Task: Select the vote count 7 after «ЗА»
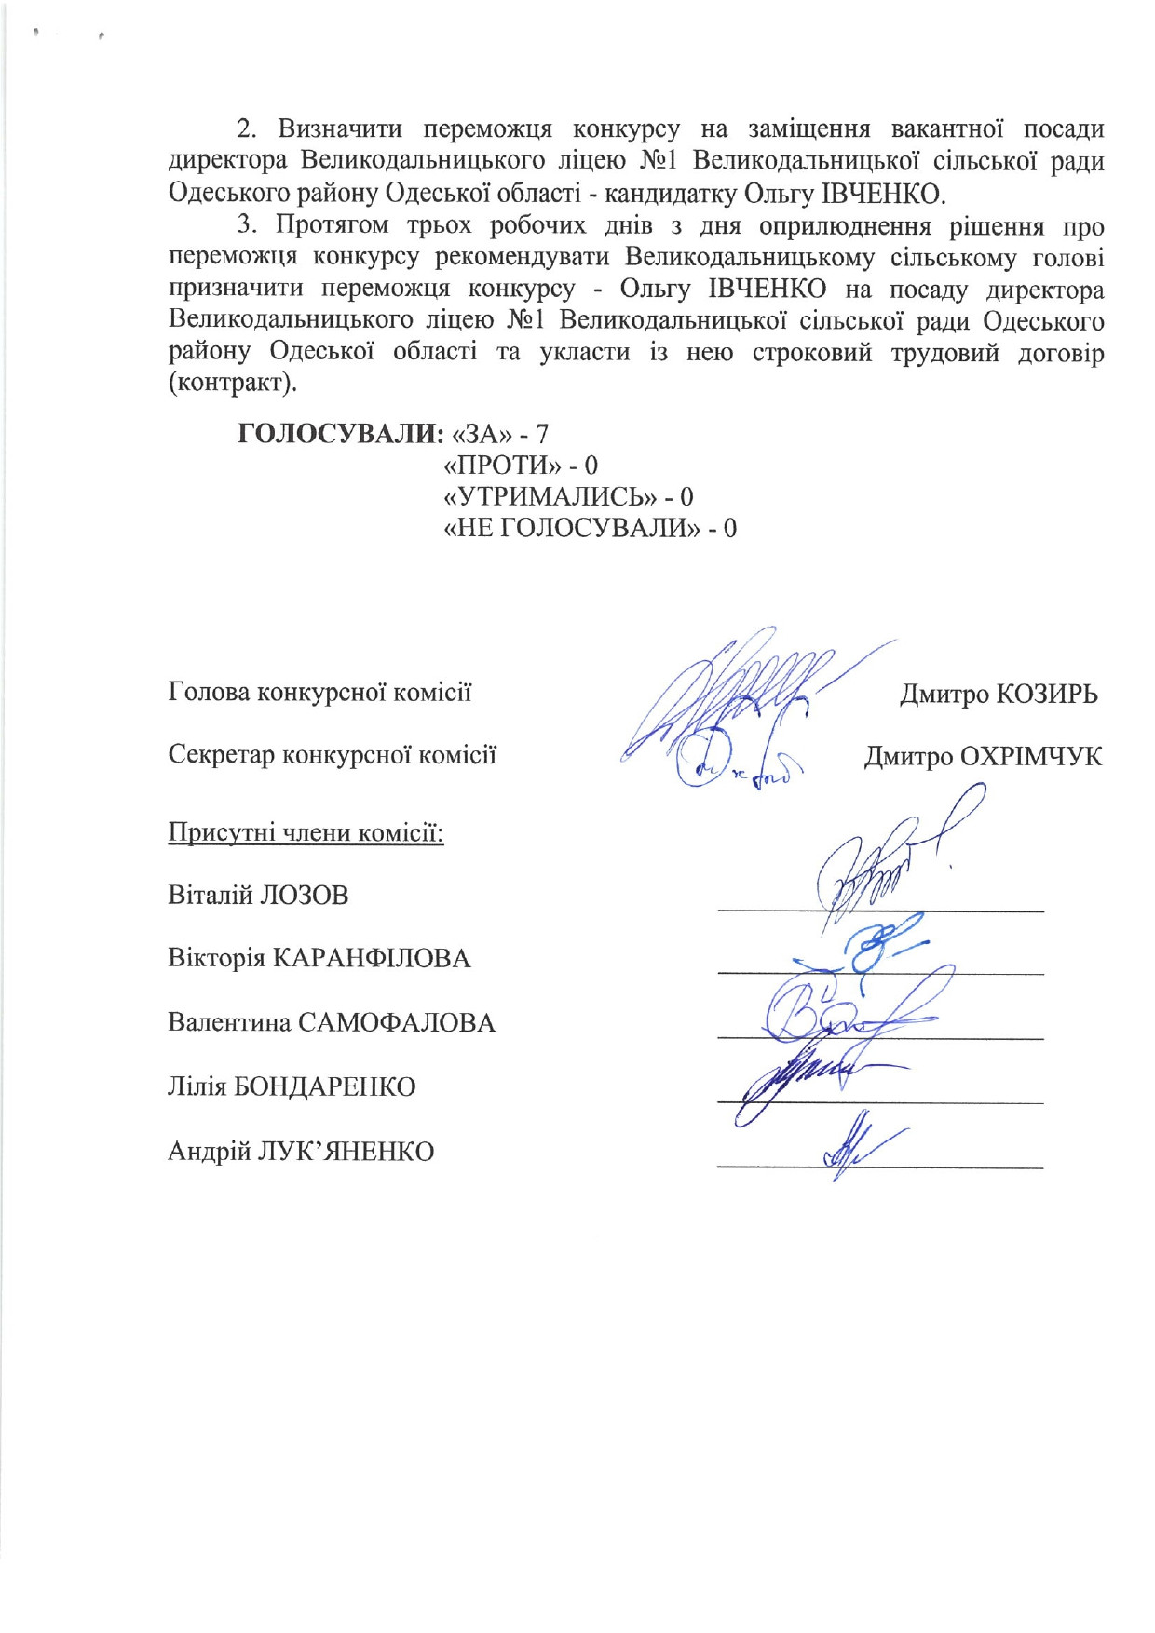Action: point(542,434)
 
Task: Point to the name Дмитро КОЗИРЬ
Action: point(999,695)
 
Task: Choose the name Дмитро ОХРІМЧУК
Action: point(983,756)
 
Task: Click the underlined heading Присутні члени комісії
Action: point(306,831)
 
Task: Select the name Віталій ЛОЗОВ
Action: point(258,896)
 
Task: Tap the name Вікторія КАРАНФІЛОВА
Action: point(319,958)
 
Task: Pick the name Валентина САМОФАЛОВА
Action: point(332,1023)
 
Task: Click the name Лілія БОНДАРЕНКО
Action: point(292,1086)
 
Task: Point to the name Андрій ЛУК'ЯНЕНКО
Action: point(301,1152)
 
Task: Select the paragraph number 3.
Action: point(245,226)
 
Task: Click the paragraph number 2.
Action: point(245,128)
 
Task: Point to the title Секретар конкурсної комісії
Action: point(332,754)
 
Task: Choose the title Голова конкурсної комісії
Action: point(319,693)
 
